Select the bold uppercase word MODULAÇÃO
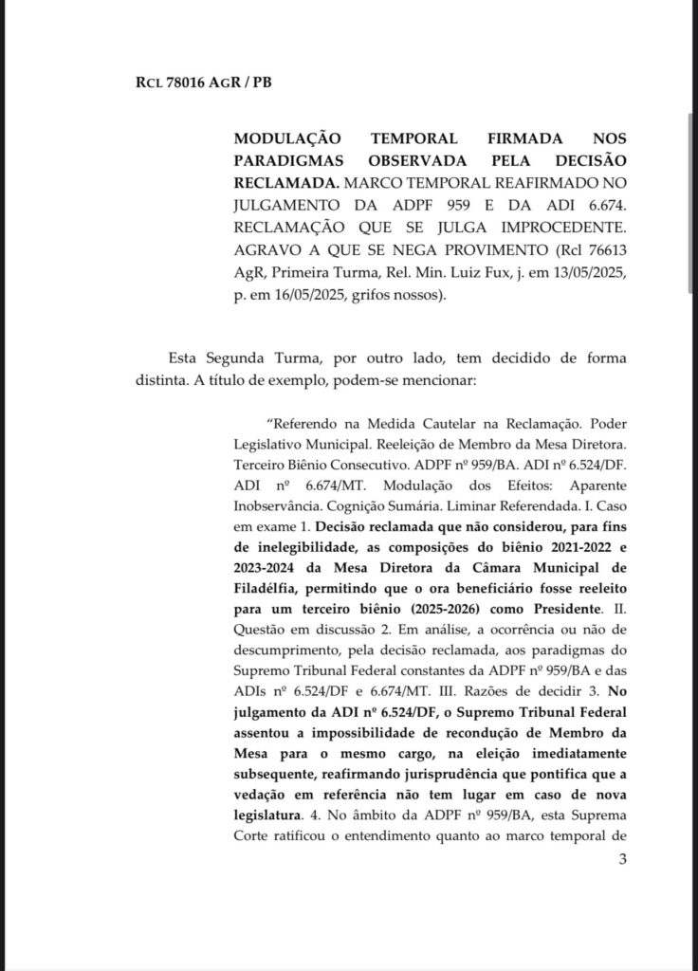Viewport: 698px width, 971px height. tap(282, 137)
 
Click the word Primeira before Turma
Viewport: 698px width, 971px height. tap(303, 274)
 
